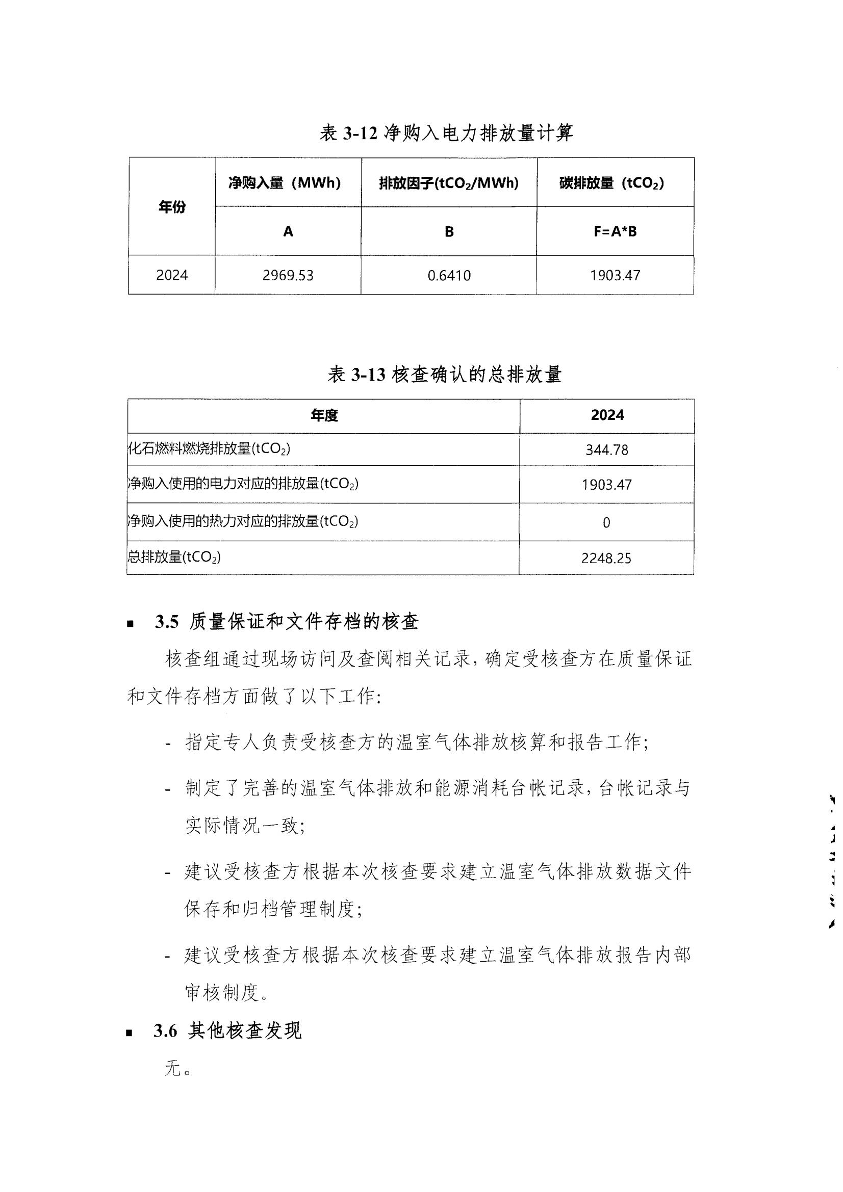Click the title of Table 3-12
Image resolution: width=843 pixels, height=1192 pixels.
[446, 134]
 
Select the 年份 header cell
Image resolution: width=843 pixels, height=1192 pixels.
[172, 207]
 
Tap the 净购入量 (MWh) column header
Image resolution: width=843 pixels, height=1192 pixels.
[285, 183]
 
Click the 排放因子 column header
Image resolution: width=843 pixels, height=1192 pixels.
[449, 183]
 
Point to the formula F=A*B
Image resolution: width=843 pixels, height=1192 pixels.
[615, 231]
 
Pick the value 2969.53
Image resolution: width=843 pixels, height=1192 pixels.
[288, 275]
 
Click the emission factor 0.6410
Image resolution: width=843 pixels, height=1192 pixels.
[449, 275]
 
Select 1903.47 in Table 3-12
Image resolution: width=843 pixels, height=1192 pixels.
[615, 275]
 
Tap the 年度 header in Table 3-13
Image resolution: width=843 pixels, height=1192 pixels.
[324, 415]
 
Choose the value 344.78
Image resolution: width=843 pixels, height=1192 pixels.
[607, 450]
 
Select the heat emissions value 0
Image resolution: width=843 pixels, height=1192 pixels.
[606, 523]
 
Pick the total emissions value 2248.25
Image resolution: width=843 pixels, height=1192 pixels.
[606, 559]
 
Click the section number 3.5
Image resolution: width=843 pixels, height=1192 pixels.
[166, 622]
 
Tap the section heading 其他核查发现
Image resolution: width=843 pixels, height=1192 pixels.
[245, 1030]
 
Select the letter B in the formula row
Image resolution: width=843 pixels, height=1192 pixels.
[449, 231]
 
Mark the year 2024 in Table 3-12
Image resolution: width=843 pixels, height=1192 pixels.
[172, 275]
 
